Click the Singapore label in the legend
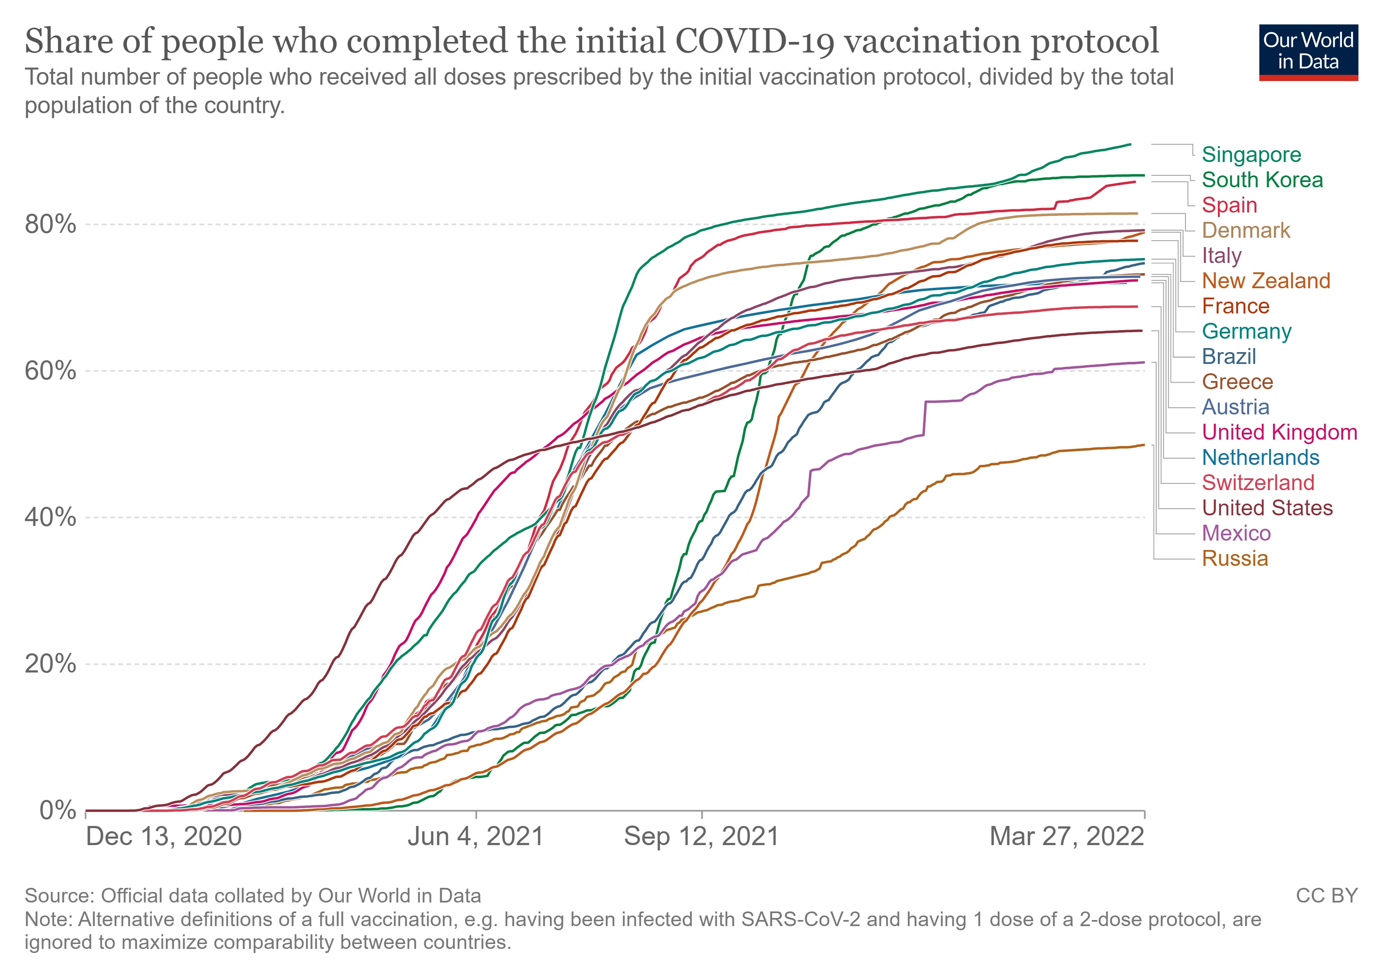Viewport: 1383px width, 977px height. pyautogui.click(x=1251, y=155)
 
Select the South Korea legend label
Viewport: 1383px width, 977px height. pyautogui.click(x=1262, y=180)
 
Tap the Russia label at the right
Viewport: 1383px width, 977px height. pyautogui.click(x=1235, y=559)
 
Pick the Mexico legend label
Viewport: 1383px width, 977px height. pyautogui.click(x=1236, y=533)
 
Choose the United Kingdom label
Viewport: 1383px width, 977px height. pyautogui.click(x=1279, y=432)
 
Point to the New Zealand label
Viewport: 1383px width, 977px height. pyautogui.click(x=1265, y=281)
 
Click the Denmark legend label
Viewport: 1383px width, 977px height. pyautogui.click(x=1246, y=230)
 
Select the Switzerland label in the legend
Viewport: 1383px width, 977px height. pyautogui.click(x=1258, y=483)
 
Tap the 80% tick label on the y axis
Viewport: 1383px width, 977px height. pyautogui.click(x=50, y=224)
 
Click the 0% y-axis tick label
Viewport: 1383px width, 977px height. pyautogui.click(x=58, y=811)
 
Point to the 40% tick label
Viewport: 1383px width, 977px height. pyautogui.click(x=50, y=517)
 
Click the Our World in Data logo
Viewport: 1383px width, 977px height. pyautogui.click(x=1308, y=52)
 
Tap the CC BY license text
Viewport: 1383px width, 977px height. pyautogui.click(x=1326, y=896)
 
